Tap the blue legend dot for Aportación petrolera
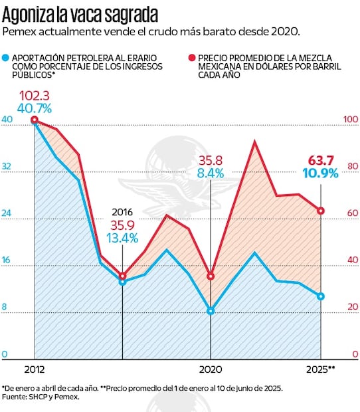click(x=7, y=58)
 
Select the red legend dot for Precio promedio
click(x=192, y=58)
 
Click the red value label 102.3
click(x=35, y=94)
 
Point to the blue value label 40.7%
click(x=35, y=108)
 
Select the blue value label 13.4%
click(x=123, y=238)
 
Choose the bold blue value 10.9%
click(x=321, y=174)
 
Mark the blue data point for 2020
click(x=211, y=311)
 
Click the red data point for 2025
click(x=321, y=211)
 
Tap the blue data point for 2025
click(x=321, y=296)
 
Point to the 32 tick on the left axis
click(x=7, y=166)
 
